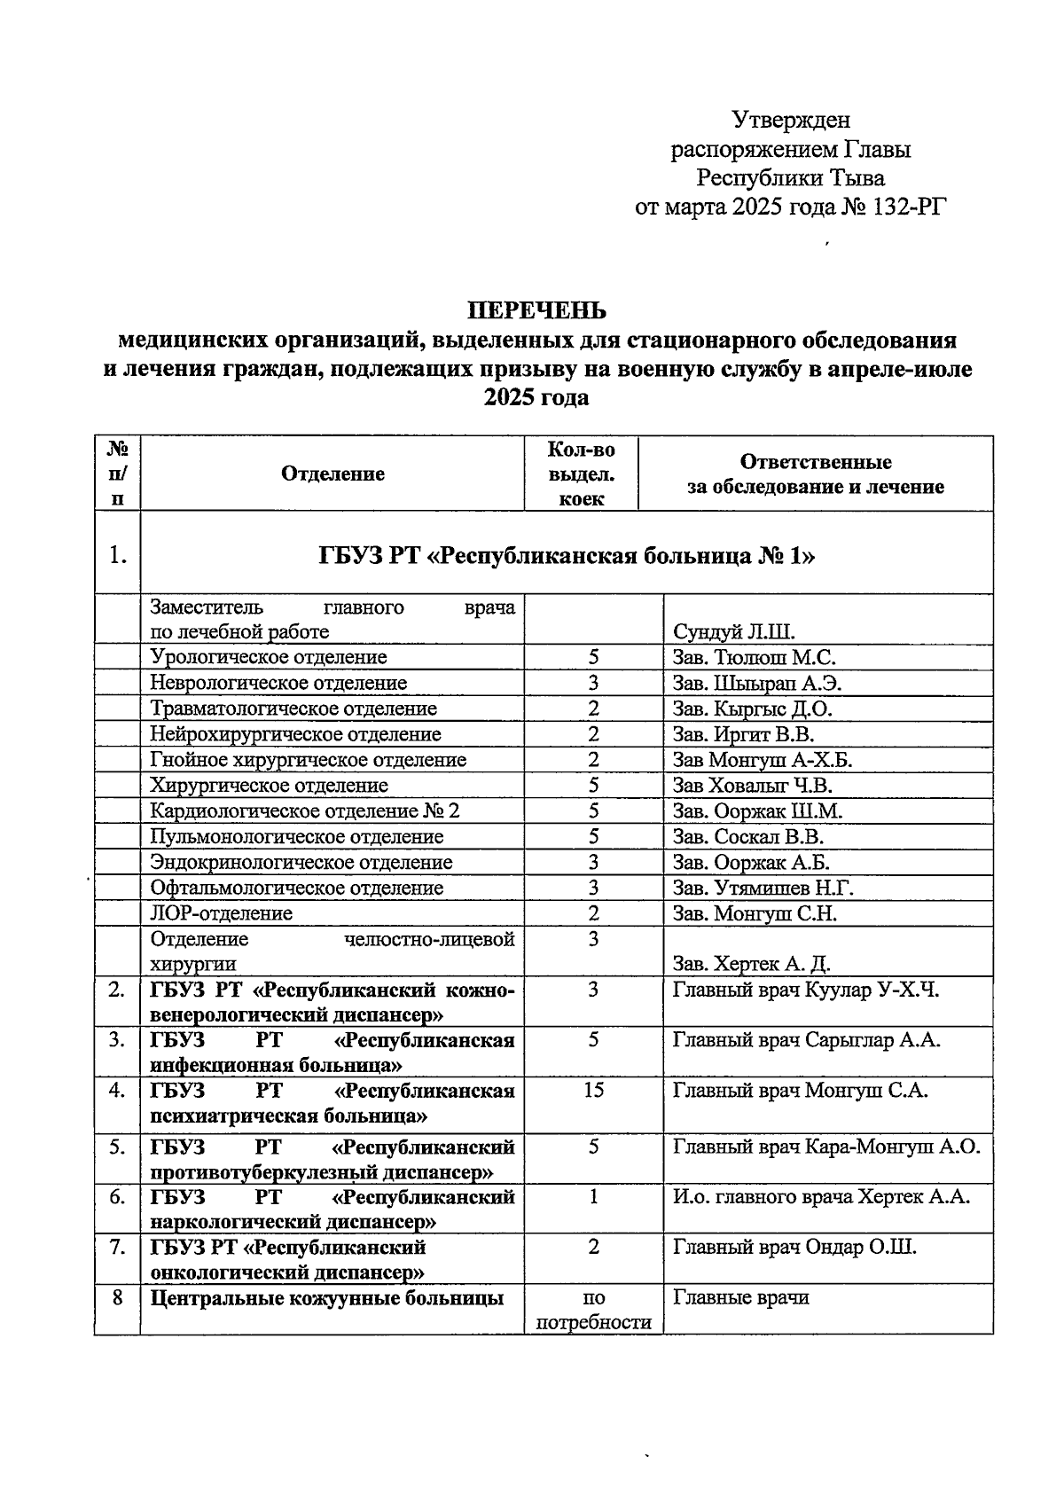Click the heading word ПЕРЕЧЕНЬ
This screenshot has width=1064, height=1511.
[537, 310]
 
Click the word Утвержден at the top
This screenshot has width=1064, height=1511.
[791, 119]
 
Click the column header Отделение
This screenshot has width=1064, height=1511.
[332, 474]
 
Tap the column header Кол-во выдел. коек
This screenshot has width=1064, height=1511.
[581, 474]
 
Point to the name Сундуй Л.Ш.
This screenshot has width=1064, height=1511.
[734, 632]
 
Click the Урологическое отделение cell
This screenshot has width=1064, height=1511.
[269, 657]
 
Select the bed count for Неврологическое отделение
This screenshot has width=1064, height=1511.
[593, 683]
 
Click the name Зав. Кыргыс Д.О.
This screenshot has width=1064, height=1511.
[752, 709]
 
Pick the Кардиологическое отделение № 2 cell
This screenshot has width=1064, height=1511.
[305, 811]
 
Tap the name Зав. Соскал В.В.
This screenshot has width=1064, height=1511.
[748, 837]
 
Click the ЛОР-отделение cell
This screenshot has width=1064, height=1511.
[222, 913]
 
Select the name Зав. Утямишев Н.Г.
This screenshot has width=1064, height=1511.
[763, 888]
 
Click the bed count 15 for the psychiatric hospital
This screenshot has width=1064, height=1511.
[593, 1091]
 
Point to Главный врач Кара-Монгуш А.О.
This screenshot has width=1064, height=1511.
[826, 1147]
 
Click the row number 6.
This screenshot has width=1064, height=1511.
[116, 1197]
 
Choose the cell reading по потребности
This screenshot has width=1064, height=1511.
[593, 1310]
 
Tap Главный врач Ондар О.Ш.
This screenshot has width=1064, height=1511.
[794, 1248]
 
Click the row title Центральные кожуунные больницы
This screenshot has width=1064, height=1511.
[327, 1298]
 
